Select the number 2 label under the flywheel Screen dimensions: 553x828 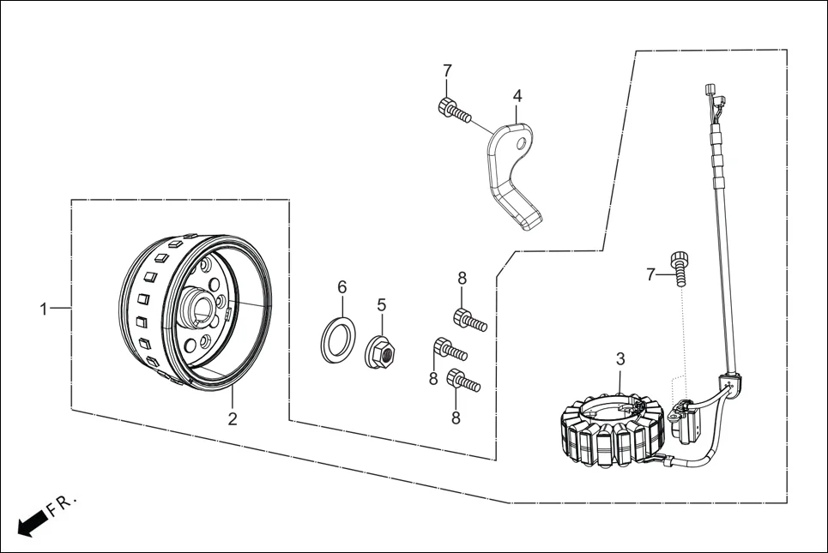click(x=232, y=419)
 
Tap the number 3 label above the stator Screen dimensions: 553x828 click(x=620, y=359)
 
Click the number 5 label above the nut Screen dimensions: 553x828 click(x=382, y=304)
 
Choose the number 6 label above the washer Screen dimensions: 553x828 click(x=341, y=286)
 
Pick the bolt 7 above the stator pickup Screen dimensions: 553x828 click(x=681, y=266)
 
